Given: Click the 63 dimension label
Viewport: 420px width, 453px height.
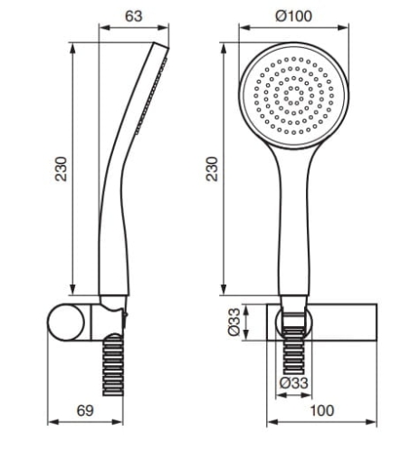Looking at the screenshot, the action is (x=133, y=16).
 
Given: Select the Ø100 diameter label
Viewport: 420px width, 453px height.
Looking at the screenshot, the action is (x=294, y=16).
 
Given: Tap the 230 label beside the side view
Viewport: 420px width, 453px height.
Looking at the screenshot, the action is (x=61, y=169).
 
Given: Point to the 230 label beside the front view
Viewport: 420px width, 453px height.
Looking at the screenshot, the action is (x=212, y=169).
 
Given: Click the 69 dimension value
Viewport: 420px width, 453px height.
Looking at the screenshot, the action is (x=85, y=410).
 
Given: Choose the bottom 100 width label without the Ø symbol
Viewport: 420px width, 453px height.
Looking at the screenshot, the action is (x=322, y=410).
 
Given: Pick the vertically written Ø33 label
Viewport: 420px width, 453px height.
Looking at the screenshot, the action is (x=234, y=322).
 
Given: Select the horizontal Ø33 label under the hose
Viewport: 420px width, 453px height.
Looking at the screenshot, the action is (x=294, y=383).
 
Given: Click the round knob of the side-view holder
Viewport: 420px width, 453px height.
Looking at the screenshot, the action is (x=66, y=322).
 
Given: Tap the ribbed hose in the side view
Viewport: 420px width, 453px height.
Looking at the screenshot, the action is (x=113, y=365).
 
